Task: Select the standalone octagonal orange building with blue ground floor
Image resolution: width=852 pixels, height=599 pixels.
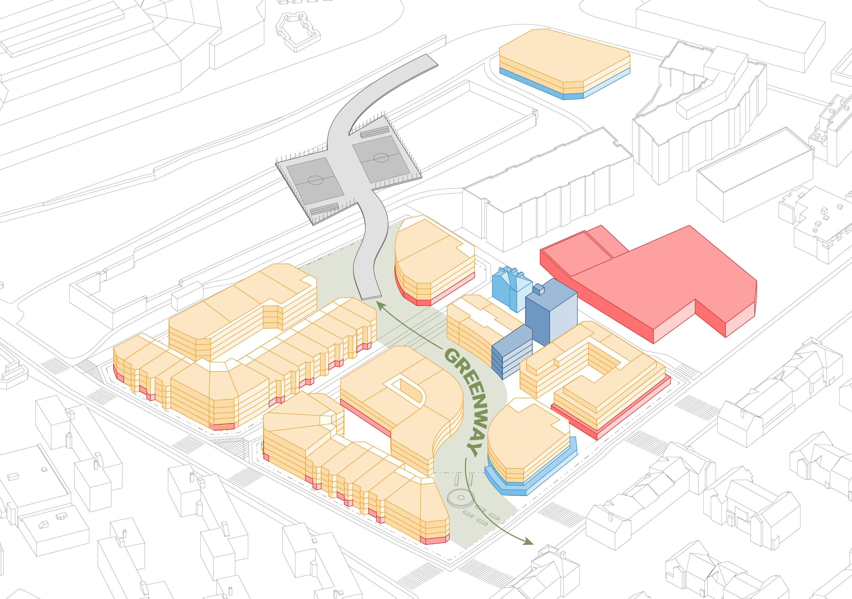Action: coord(564,71)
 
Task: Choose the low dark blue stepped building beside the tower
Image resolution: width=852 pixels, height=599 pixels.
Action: coord(512,353)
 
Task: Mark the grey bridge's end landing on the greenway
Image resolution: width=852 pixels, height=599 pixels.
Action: coord(371,295)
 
